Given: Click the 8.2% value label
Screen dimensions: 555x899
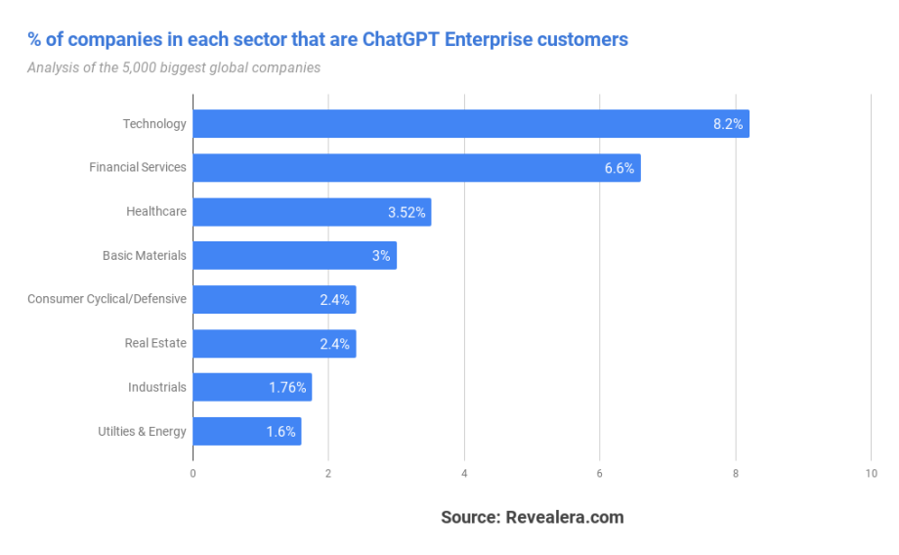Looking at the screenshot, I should click(x=728, y=124).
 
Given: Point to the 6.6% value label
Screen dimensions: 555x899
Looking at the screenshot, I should click(x=620, y=168).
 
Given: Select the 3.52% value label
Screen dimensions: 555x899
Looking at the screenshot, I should click(x=407, y=212).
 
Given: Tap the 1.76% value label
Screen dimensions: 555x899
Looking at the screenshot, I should click(x=287, y=388).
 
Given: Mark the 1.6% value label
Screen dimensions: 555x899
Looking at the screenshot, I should click(x=280, y=432).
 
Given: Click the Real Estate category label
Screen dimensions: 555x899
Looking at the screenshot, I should click(x=155, y=343).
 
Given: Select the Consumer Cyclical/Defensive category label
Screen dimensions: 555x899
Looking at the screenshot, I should click(x=107, y=299).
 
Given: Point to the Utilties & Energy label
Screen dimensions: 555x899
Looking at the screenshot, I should click(x=142, y=431).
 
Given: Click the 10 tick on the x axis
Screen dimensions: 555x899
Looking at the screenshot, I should click(x=871, y=474).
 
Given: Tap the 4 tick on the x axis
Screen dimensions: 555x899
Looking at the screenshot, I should click(x=464, y=474).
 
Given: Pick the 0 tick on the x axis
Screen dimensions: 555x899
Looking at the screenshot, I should click(x=193, y=474).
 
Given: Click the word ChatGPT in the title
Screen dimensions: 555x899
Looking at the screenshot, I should click(x=405, y=40).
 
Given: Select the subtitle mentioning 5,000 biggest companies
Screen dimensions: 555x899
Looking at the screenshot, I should click(x=174, y=67).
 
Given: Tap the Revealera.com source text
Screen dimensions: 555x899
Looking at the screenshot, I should click(x=564, y=517).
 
